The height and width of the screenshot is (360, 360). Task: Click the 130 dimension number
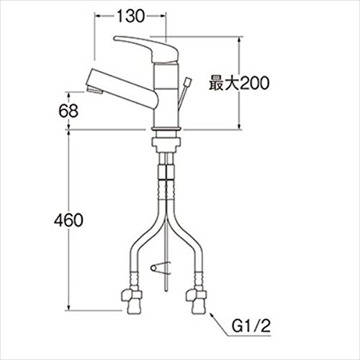[x=131, y=16]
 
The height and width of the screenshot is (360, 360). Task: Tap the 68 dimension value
[x=68, y=111]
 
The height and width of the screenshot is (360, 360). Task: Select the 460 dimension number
[x=68, y=220]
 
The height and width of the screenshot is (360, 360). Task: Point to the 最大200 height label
[x=239, y=83]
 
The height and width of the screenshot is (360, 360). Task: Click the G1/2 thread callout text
[x=251, y=326]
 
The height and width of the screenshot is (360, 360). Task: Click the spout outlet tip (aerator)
[x=94, y=91]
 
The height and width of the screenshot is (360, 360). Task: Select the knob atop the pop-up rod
[x=187, y=82]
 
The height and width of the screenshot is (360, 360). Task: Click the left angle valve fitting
[x=131, y=301]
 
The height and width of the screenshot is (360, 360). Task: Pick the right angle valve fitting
[x=197, y=301]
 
